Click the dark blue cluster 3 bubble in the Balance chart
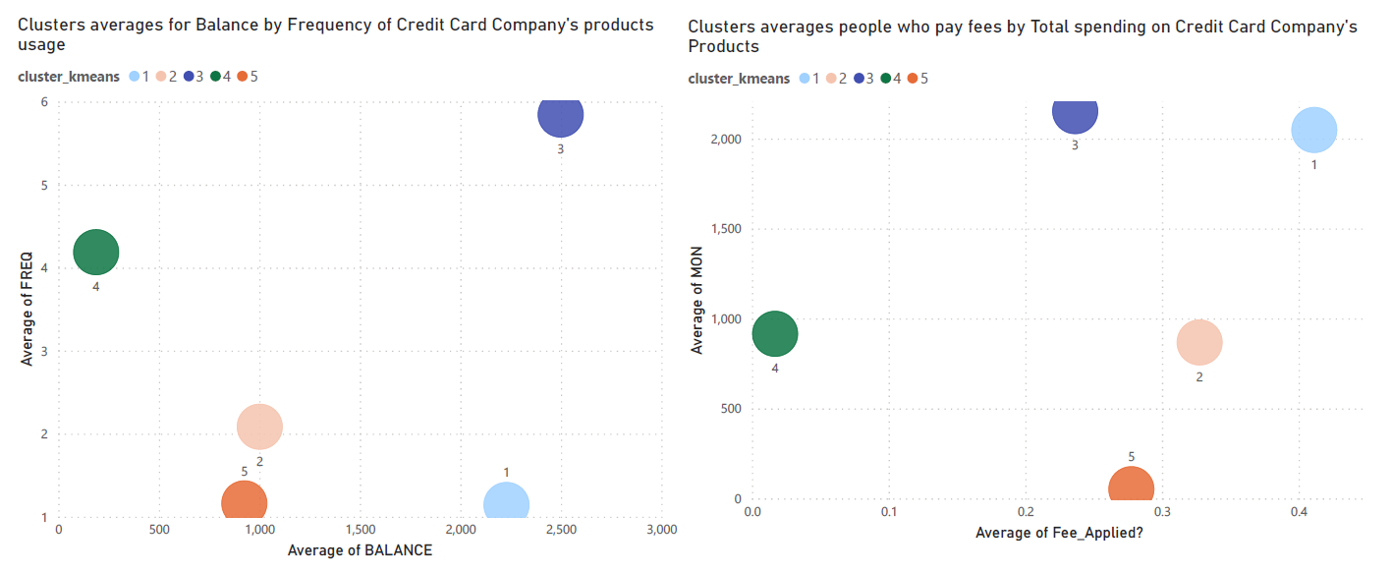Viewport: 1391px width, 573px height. (560, 114)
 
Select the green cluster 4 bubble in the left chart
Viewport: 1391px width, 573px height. (95, 252)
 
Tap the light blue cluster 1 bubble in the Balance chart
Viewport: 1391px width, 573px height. (506, 503)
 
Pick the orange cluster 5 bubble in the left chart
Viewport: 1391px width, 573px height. (244, 501)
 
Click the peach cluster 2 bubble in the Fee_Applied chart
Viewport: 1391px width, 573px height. (1198, 343)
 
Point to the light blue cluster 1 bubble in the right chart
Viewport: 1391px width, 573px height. (1313, 130)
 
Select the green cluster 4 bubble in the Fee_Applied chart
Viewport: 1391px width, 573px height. (775, 334)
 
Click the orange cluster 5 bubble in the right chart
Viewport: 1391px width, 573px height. (1131, 487)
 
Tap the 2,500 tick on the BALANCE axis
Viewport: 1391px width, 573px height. (560, 531)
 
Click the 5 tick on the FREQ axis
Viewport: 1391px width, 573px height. (44, 186)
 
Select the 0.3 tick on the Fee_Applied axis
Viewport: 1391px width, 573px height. (1162, 512)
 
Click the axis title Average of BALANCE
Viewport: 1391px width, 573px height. (360, 550)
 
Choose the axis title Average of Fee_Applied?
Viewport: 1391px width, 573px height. (1059, 533)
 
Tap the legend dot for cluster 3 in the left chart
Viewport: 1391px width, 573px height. (189, 77)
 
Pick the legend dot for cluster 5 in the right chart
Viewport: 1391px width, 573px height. (912, 79)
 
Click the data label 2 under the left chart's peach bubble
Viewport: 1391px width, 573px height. (259, 461)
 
